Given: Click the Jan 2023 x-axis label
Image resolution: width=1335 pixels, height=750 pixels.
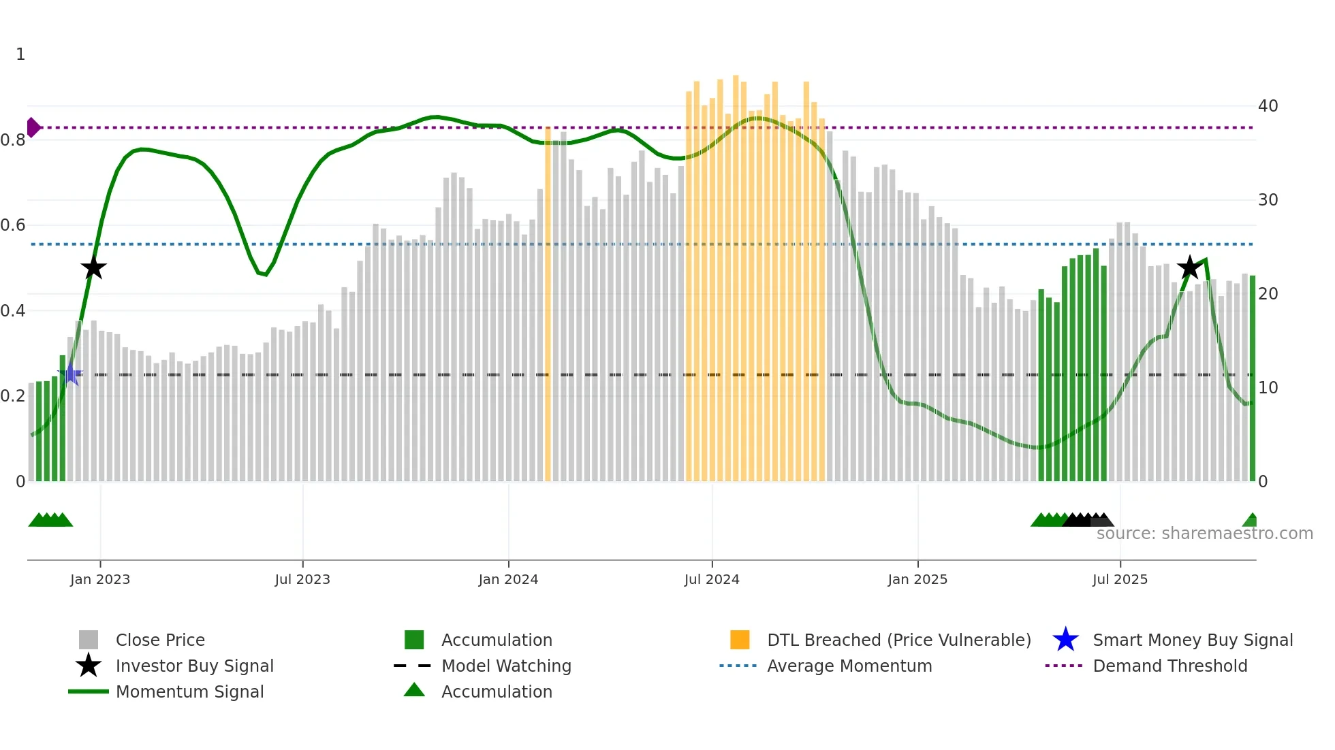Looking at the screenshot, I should [100, 579].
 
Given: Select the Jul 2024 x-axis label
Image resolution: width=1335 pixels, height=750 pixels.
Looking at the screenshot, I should [712, 579].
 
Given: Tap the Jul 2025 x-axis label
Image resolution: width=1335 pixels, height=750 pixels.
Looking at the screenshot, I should [1120, 579].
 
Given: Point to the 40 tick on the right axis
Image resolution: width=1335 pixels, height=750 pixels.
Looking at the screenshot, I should [1268, 106].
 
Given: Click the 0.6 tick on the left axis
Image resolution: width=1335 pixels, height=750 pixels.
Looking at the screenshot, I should [13, 225].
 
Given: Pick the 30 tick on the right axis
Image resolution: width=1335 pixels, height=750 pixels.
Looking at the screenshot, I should [1268, 200].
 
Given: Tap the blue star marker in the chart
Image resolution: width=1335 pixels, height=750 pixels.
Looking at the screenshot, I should [70, 374].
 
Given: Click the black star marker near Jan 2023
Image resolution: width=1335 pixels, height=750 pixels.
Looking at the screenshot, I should [94, 268].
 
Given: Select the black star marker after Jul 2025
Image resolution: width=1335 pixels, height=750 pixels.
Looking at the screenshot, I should [1189, 267].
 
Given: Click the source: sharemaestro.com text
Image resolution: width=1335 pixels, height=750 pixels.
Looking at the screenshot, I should [1204, 534].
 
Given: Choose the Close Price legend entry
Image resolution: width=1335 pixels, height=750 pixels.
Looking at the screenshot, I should [160, 640].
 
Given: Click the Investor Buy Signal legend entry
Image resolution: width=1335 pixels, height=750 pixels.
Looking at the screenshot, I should [194, 666].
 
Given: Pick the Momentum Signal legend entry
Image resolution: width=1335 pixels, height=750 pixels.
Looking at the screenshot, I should [189, 691].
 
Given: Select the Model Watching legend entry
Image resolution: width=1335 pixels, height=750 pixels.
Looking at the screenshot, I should [506, 666].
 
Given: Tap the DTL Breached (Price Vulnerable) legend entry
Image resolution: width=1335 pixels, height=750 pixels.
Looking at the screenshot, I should [898, 640].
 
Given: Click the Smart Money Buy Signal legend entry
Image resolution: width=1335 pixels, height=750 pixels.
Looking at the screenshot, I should [1192, 640].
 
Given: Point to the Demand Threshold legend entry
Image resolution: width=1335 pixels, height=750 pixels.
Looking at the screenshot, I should [1169, 666].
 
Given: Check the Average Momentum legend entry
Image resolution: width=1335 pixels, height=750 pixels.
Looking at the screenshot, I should [849, 666].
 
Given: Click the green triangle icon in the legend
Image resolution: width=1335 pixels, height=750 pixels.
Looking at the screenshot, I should [414, 691].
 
